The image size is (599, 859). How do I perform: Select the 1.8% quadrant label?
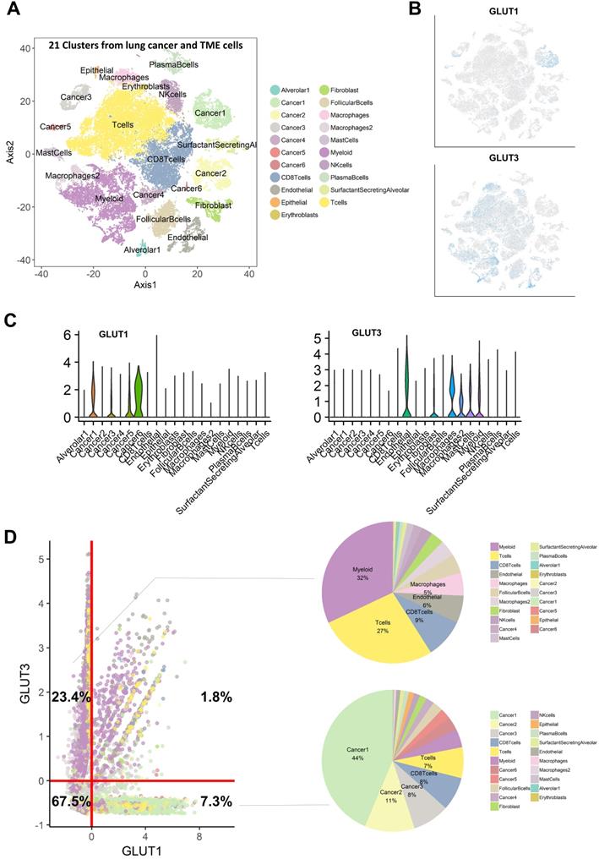216,697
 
